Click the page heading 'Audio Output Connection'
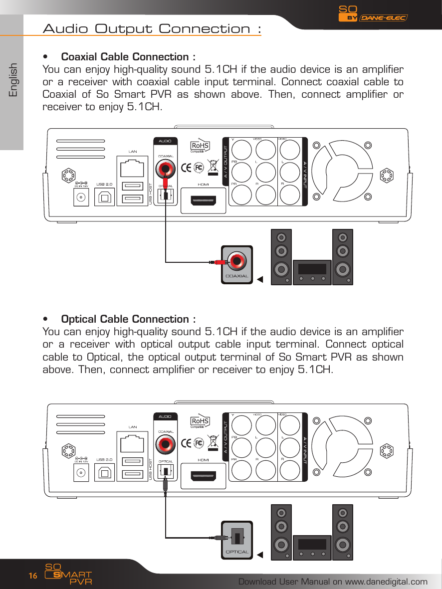152,28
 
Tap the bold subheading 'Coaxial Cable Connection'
128,56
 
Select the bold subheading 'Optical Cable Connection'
128,319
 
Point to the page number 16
32,576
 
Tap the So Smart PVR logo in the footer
67,575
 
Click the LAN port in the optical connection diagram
133,442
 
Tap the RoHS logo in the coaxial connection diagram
200,146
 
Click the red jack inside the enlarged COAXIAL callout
236,260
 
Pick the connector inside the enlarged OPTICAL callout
238,537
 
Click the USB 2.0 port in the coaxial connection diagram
104,197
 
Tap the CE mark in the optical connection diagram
187,443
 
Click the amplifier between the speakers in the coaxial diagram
312,272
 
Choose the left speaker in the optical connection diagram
282,532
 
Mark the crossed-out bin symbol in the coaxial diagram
214,167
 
